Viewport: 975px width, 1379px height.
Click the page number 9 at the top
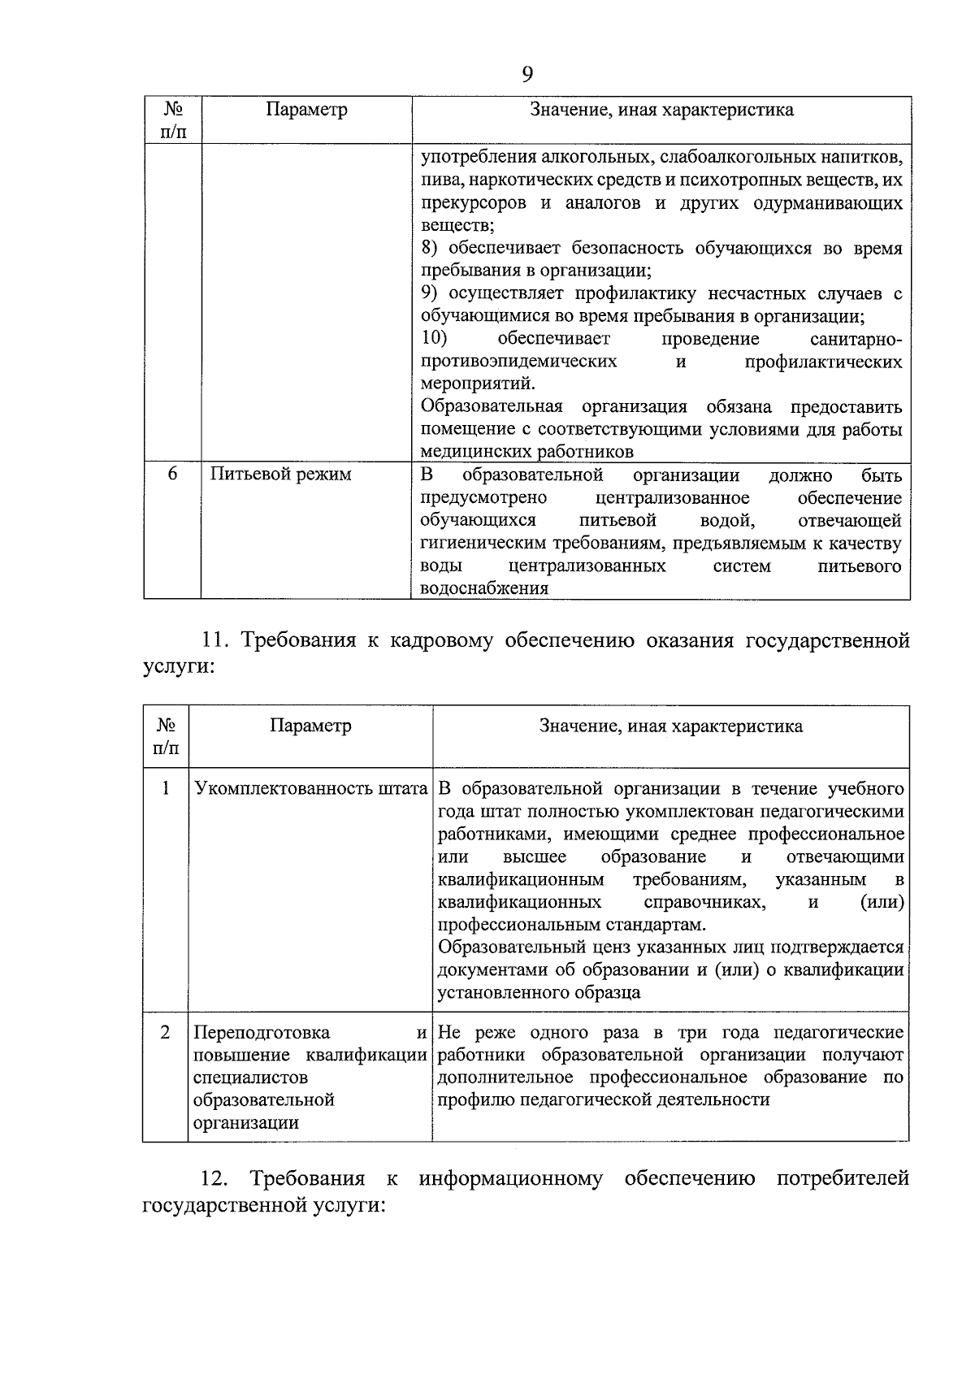click(526, 75)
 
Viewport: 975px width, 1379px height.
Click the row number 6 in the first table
click(172, 474)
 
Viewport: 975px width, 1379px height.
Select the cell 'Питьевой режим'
click(280, 474)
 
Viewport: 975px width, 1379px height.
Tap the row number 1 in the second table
click(166, 788)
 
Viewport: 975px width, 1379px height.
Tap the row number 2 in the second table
click(166, 1032)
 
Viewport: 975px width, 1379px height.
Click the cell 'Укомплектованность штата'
click(310, 788)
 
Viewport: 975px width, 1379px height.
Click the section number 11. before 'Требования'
click(216, 641)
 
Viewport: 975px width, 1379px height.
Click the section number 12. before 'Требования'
click(215, 1178)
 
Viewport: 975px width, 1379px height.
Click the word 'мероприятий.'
click(478, 384)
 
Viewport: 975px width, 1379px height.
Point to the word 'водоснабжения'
click(484, 588)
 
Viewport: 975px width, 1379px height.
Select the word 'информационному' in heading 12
click(510, 1178)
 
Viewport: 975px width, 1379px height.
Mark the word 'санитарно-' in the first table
click(856, 338)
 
